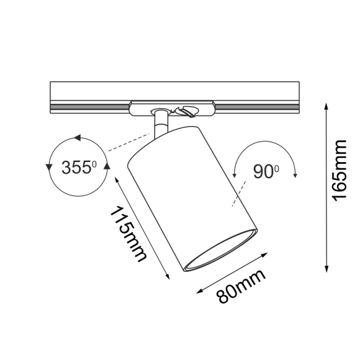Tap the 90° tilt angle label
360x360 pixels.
266,171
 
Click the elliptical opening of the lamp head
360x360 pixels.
220,251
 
